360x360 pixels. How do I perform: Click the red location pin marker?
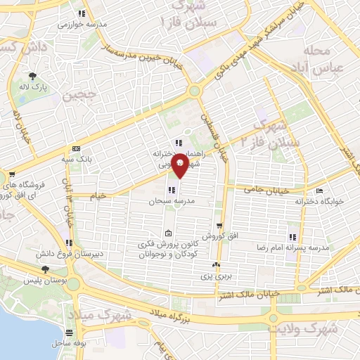tap(180, 165)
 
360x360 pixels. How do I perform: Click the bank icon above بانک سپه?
tap(76, 149)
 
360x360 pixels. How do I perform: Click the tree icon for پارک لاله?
tap(32, 75)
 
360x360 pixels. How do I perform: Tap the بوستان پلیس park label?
tap(45, 281)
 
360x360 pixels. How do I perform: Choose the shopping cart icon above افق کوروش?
tap(220, 226)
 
